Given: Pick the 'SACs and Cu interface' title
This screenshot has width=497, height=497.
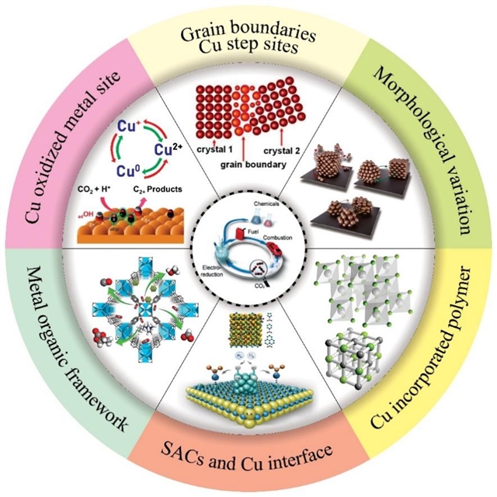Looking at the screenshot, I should (248, 450).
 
